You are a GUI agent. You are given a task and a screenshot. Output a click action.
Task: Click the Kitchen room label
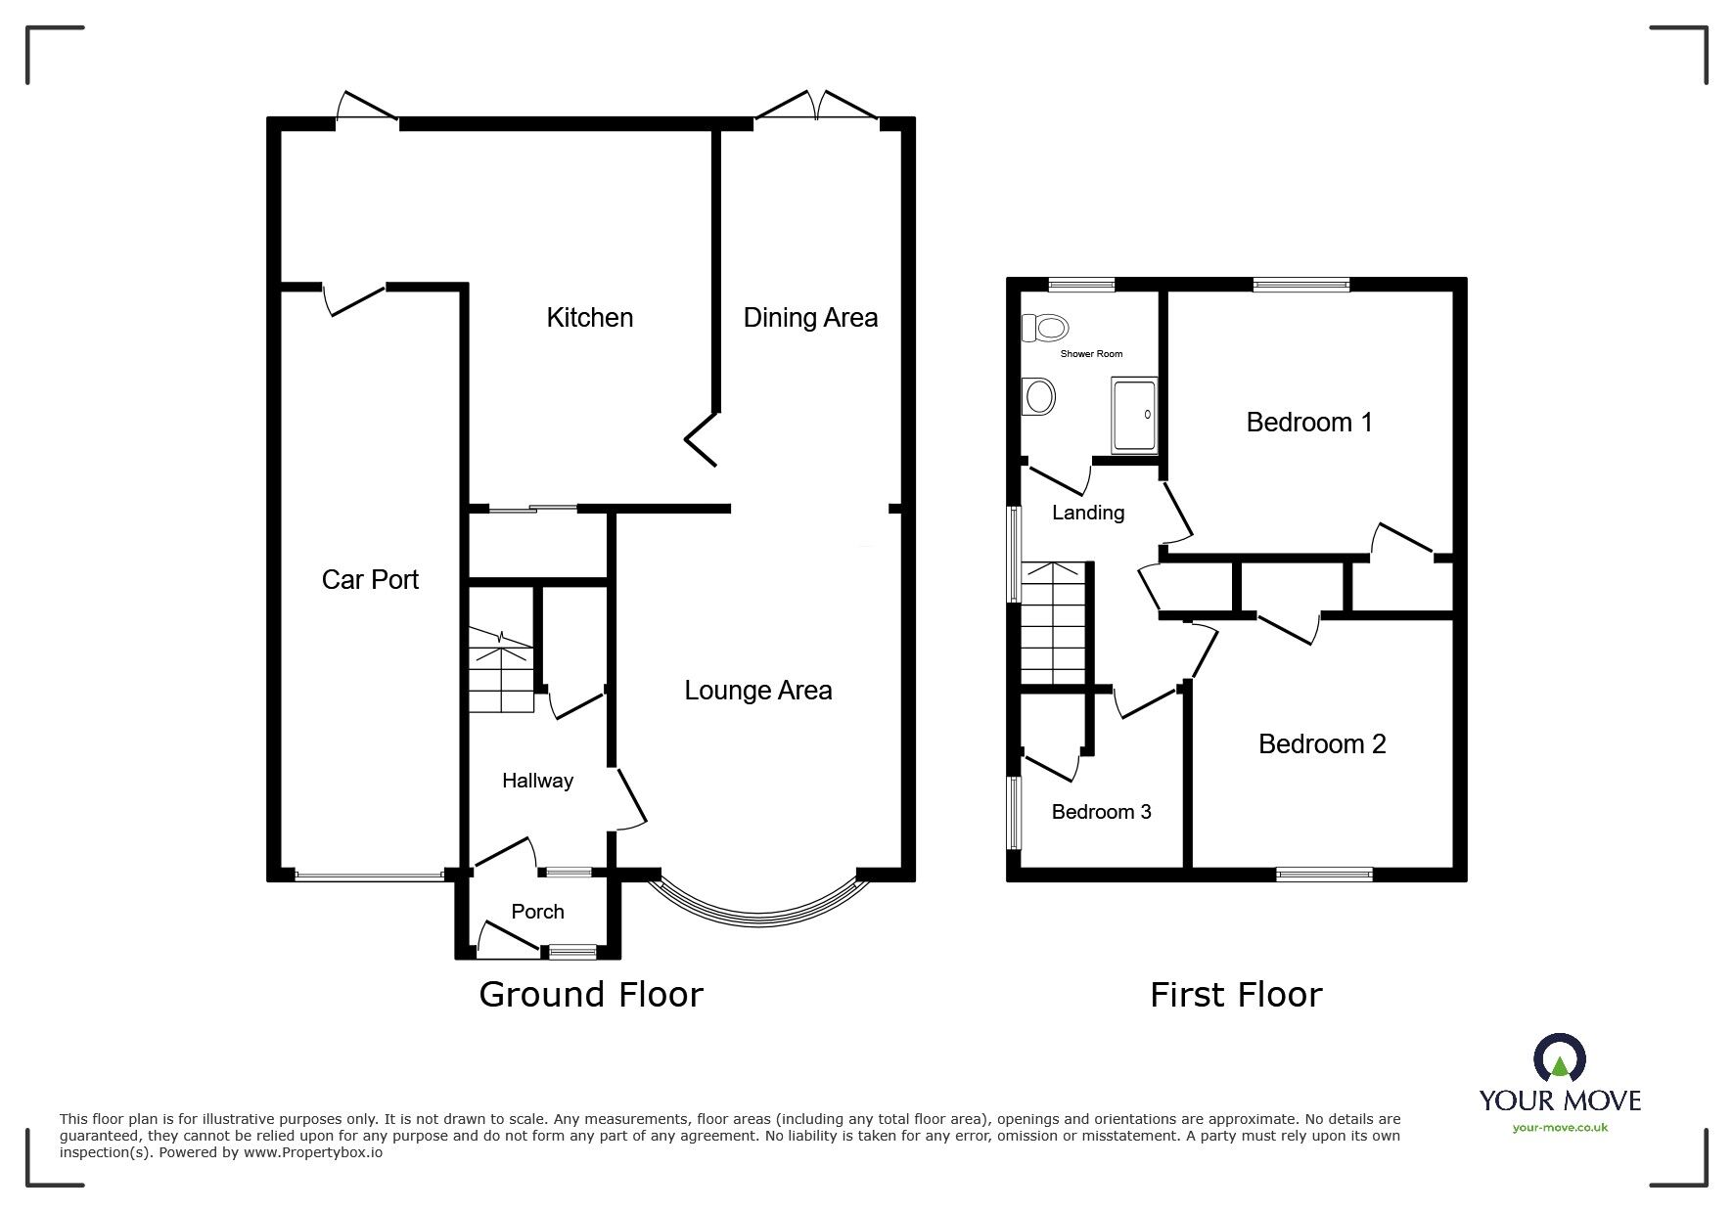pyautogui.click(x=589, y=318)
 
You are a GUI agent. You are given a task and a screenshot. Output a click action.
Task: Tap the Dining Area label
pyautogui.click(x=810, y=318)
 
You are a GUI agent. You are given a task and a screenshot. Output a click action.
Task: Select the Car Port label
pyautogui.click(x=370, y=580)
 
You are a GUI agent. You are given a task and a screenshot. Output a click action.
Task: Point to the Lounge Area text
pyautogui.click(x=757, y=691)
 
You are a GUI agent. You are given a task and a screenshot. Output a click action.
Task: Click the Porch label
pyautogui.click(x=537, y=912)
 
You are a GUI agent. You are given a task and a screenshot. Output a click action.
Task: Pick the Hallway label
pyautogui.click(x=537, y=781)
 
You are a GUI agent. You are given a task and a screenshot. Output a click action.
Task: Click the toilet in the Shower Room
pyautogui.click(x=1043, y=327)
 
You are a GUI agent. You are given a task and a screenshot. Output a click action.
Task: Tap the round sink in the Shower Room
pyautogui.click(x=1038, y=397)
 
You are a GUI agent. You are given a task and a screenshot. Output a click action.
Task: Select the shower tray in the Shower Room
pyautogui.click(x=1134, y=415)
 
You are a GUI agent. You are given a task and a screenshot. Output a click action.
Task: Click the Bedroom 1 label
pyautogui.click(x=1308, y=423)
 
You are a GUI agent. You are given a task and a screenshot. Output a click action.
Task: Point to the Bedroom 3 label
pyautogui.click(x=1101, y=812)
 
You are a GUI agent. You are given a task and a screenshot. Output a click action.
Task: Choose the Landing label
pyautogui.click(x=1087, y=513)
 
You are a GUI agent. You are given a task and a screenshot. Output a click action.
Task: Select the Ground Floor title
pyautogui.click(x=590, y=995)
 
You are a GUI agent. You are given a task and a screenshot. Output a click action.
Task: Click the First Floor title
pyautogui.click(x=1235, y=995)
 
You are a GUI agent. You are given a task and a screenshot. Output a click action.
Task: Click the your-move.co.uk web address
pyautogui.click(x=1560, y=1128)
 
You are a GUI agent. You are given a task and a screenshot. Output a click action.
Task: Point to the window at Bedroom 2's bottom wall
pyautogui.click(x=1324, y=875)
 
